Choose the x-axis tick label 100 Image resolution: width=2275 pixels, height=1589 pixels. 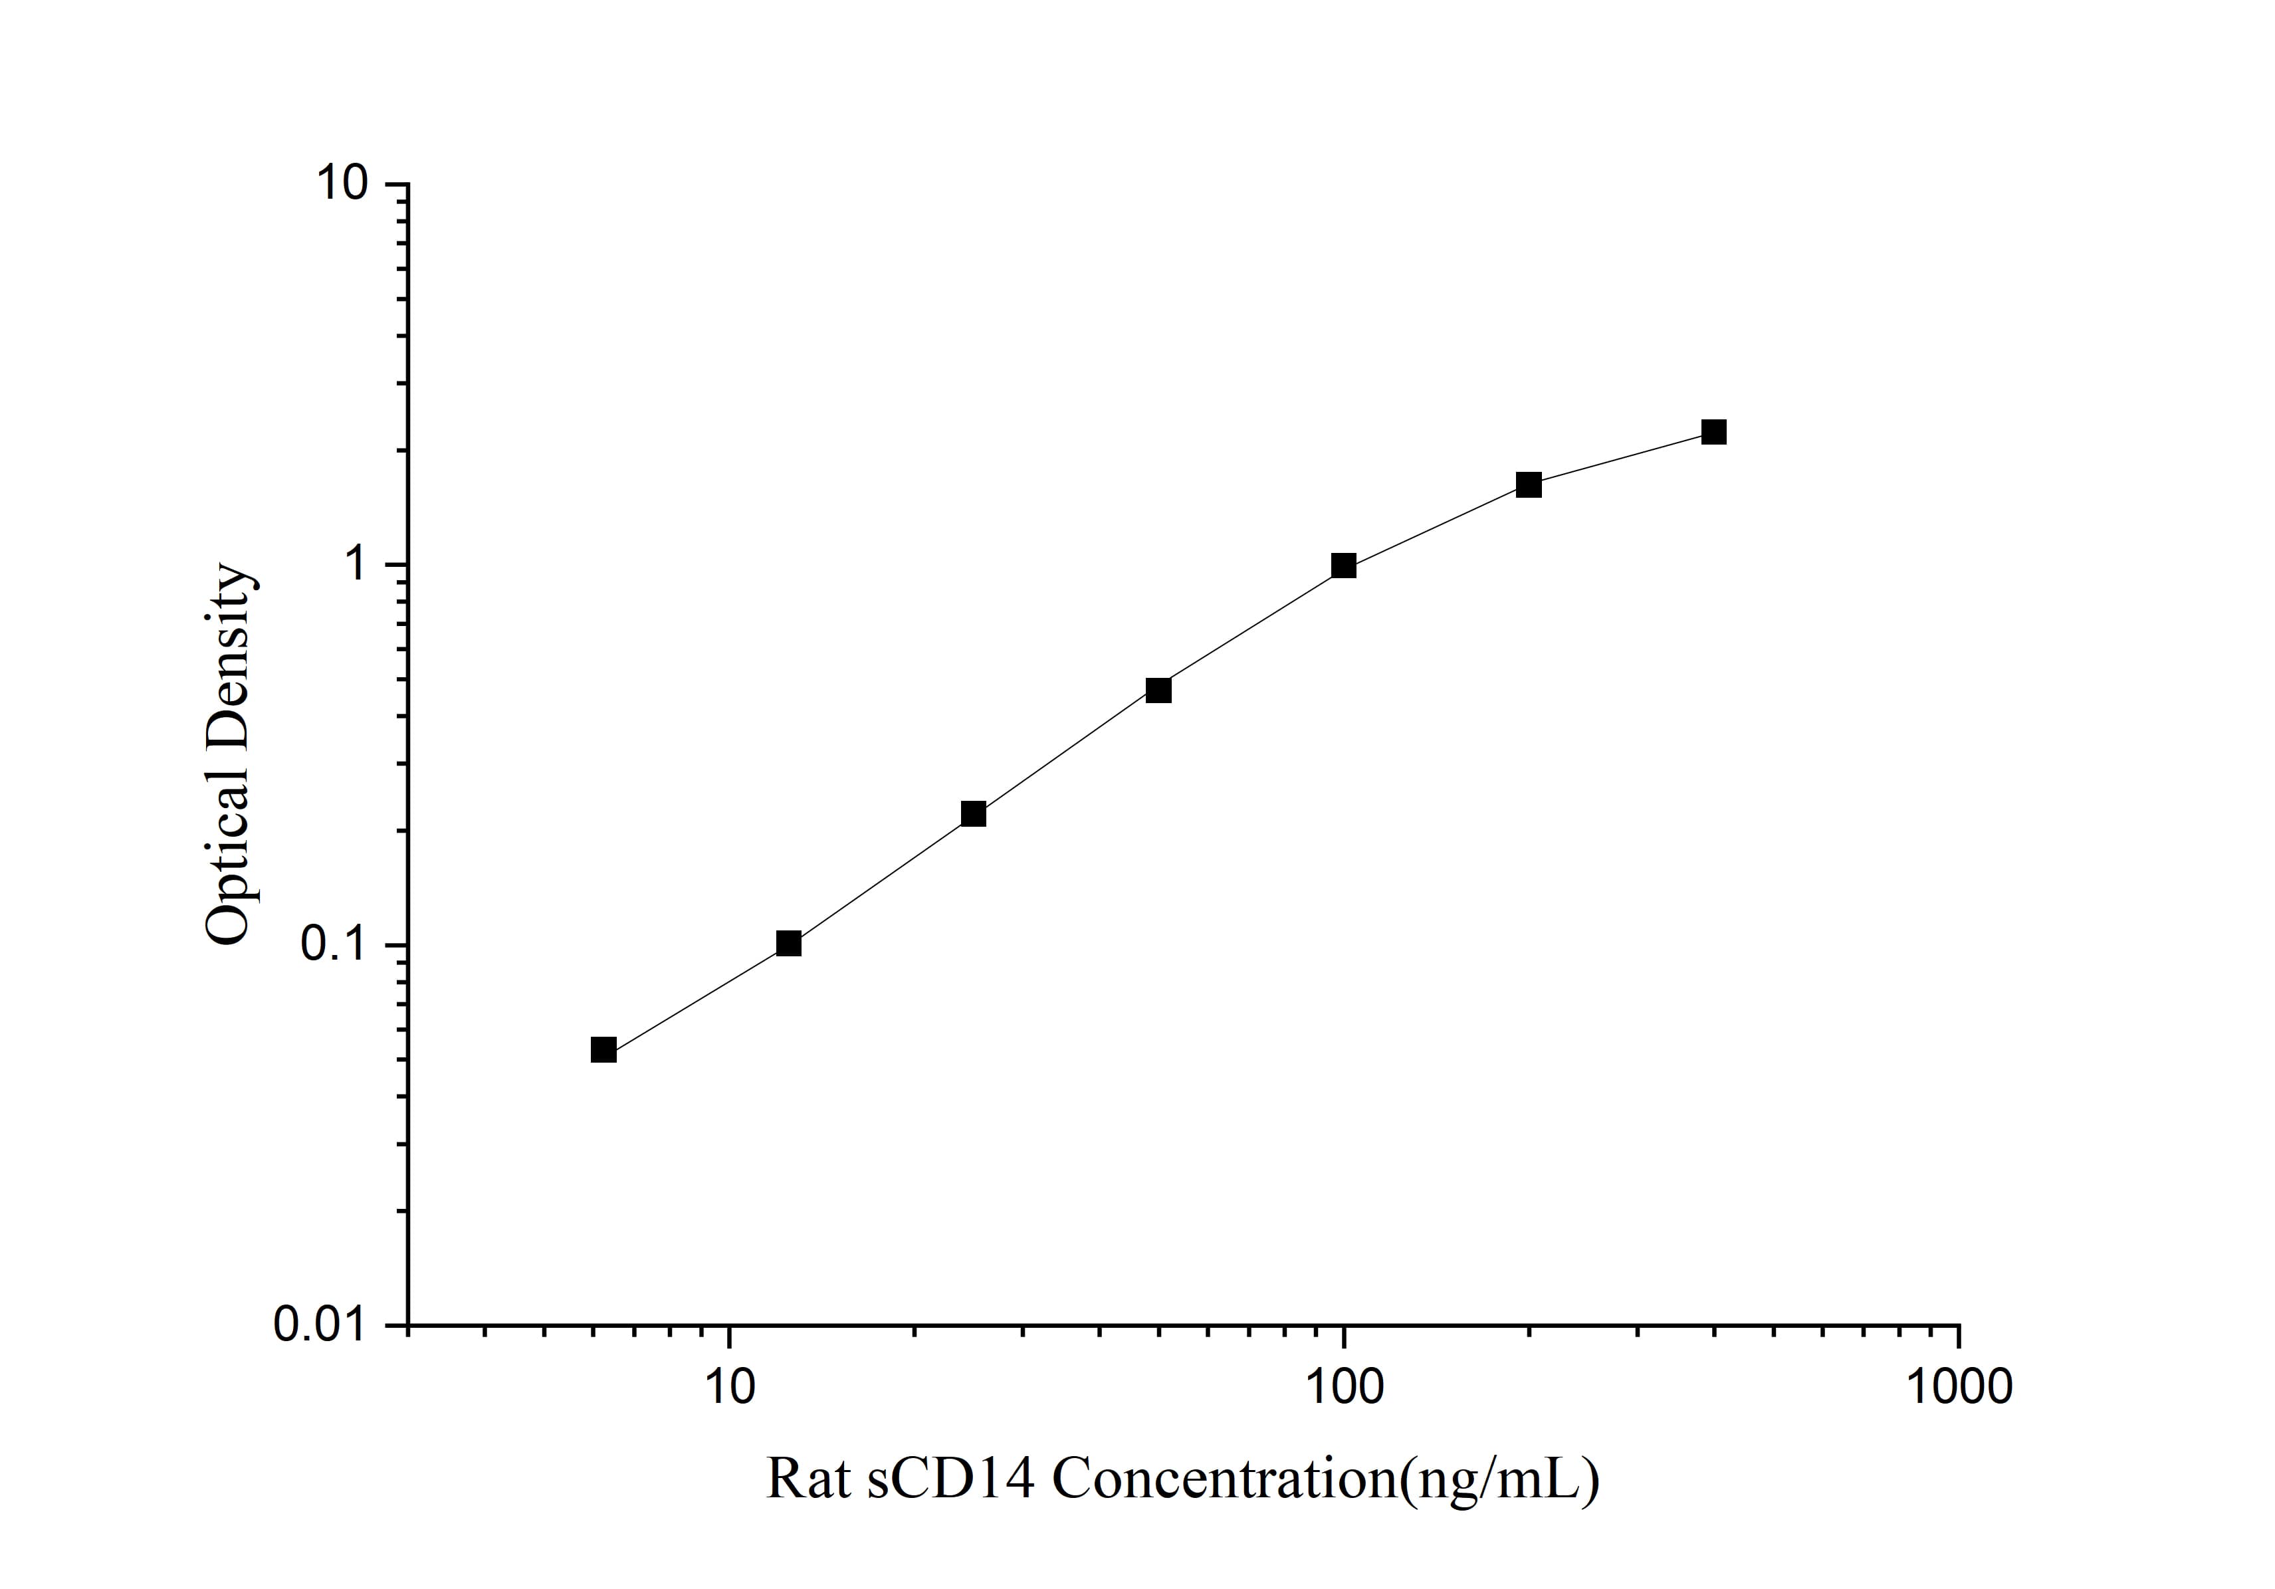[1344, 1387]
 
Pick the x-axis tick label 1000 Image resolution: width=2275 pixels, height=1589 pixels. [1958, 1387]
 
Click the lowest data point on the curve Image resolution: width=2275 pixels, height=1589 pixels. [603, 1050]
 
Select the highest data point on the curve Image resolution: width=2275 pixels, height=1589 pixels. [1714, 432]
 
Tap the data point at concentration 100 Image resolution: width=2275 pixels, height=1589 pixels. [1344, 566]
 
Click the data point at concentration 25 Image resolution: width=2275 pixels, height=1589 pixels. [974, 814]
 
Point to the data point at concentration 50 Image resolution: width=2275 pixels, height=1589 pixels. [1158, 690]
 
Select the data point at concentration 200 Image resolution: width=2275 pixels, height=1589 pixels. [1529, 485]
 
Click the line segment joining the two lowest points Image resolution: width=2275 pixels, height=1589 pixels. [696, 997]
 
